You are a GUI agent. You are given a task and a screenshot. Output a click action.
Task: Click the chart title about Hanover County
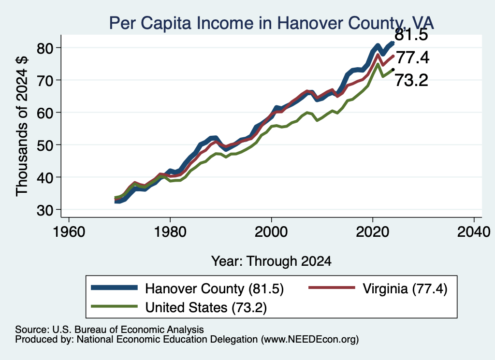click(272, 23)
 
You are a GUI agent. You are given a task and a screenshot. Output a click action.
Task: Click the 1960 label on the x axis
click(69, 232)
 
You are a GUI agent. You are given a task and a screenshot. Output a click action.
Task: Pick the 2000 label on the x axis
click(271, 232)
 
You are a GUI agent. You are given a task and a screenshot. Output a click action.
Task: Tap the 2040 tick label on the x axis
click(474, 232)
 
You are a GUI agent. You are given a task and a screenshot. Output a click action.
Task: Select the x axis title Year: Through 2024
click(271, 261)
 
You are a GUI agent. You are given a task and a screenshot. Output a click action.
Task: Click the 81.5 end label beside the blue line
click(411, 34)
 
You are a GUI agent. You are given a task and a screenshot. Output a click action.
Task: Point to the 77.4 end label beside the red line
click(413, 58)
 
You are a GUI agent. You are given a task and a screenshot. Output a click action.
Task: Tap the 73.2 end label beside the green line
click(411, 80)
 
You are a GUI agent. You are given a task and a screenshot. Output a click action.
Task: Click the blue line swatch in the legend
click(114, 288)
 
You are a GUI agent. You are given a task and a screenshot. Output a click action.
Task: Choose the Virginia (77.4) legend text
click(405, 288)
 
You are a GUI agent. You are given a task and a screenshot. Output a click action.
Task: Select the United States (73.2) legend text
click(206, 307)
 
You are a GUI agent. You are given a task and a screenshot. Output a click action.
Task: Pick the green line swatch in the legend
click(114, 306)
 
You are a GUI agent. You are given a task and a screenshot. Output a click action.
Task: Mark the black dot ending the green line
click(393, 70)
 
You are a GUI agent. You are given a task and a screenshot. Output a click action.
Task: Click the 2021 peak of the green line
click(378, 64)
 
